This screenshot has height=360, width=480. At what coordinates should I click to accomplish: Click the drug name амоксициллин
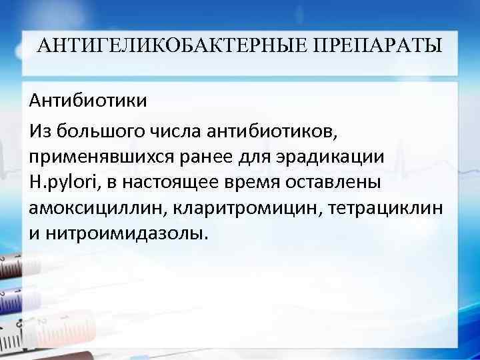98,208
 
